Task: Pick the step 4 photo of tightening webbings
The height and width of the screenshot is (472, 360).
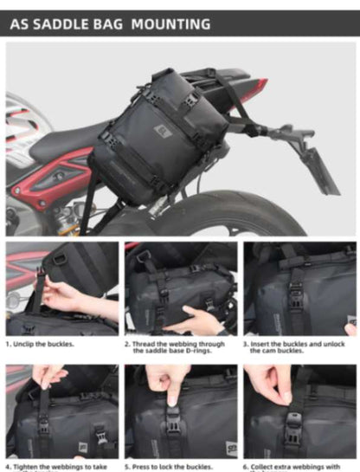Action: coord(61,411)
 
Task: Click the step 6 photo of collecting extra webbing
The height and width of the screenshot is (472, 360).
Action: coord(299,411)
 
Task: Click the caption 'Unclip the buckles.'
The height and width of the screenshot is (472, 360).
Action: coord(43,344)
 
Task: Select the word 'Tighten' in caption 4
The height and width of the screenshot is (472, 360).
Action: coord(30,466)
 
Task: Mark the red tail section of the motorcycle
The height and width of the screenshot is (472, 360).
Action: coord(251,87)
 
